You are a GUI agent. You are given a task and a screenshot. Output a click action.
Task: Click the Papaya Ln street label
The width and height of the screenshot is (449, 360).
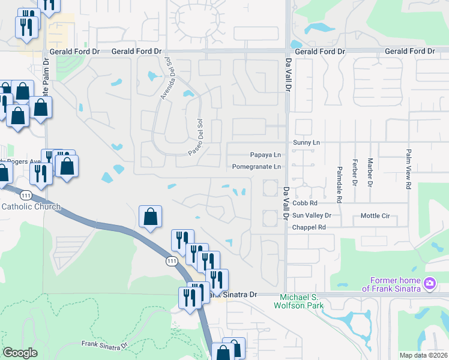tap(265, 155)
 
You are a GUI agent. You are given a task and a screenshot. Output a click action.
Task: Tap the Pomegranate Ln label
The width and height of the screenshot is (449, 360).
tap(256, 167)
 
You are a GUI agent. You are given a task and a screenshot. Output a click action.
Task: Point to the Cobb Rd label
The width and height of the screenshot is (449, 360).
tap(304, 203)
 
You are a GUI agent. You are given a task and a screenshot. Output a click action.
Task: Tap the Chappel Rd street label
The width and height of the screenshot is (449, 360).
tap(309, 227)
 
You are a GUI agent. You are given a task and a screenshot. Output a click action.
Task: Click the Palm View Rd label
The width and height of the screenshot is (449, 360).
tap(408, 170)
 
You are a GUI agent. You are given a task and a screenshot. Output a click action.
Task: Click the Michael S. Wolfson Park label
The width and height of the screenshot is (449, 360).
tap(302, 302)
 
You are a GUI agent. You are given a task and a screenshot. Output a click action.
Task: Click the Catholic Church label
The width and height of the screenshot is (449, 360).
tap(31, 207)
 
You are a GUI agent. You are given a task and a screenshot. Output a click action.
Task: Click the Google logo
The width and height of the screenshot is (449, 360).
tap(20, 353)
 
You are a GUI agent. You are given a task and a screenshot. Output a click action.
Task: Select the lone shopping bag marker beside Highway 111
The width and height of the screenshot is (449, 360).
tap(150, 217)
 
